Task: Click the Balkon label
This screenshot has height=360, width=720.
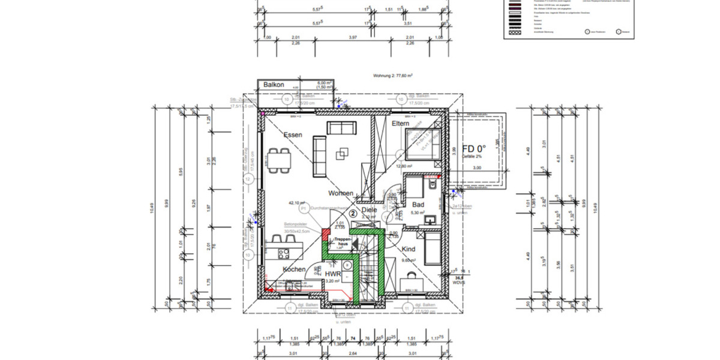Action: click(274, 86)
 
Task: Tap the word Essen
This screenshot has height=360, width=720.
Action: click(293, 135)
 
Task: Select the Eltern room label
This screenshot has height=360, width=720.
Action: click(400, 123)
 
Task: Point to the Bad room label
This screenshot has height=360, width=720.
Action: click(418, 205)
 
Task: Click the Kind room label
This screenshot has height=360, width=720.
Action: click(409, 248)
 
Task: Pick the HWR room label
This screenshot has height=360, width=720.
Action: click(333, 274)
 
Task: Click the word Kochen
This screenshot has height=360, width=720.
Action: click(294, 269)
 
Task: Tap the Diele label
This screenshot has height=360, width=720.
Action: click(369, 210)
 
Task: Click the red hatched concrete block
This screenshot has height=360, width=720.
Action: click(325, 234)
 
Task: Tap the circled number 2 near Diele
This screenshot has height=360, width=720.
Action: click(353, 212)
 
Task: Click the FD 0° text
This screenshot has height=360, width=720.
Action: click(473, 149)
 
